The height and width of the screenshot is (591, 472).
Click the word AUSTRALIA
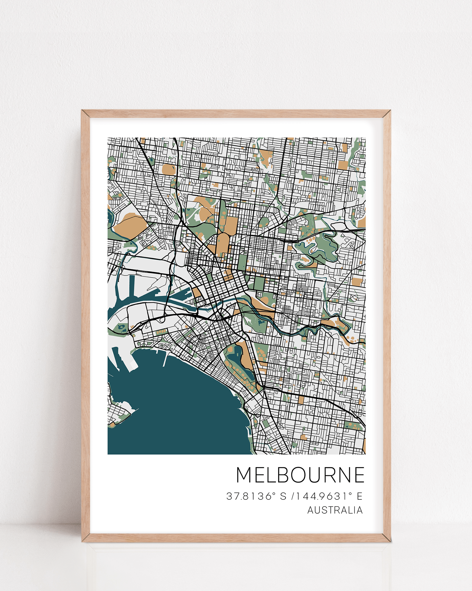[335, 510]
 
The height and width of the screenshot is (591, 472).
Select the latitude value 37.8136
[249, 496]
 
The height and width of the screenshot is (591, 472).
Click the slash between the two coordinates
[293, 496]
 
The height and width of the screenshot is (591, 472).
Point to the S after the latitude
[283, 496]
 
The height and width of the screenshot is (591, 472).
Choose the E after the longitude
[360, 496]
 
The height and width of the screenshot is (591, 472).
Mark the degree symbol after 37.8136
[274, 494]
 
